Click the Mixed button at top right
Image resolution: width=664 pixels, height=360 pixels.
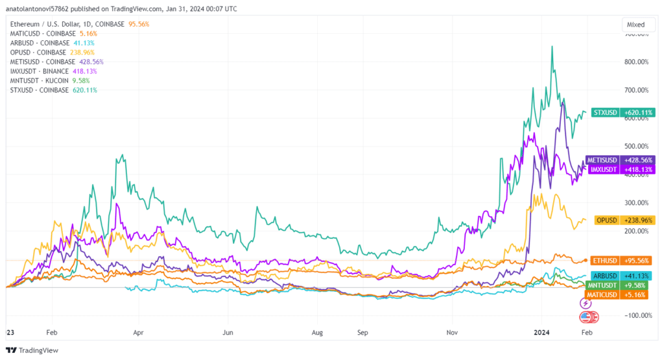pos(635,25)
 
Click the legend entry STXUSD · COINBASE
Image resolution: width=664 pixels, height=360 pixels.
pos(39,90)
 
